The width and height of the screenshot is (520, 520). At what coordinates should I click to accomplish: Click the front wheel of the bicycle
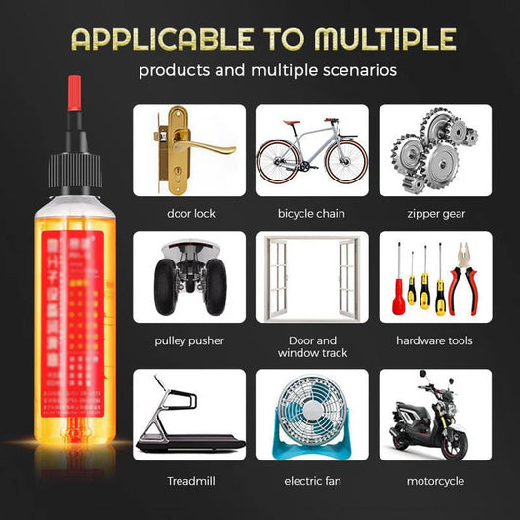click(x=346, y=162)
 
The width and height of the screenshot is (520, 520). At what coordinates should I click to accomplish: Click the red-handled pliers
click(x=458, y=283)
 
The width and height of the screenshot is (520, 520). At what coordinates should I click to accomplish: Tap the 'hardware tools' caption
click(x=434, y=340)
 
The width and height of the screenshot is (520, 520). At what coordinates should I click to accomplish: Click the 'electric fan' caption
click(x=311, y=480)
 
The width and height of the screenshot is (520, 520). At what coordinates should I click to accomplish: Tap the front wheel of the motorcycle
click(x=453, y=446)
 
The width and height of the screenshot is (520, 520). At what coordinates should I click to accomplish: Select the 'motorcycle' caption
click(x=434, y=480)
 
